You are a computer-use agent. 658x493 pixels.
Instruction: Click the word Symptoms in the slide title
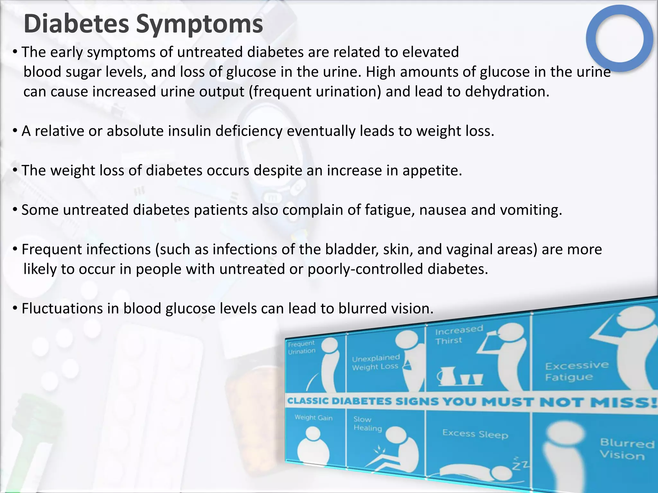pos(199,24)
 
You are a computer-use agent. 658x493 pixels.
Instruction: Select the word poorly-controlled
pos(365,269)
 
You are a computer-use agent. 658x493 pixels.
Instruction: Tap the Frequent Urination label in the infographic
pos(301,348)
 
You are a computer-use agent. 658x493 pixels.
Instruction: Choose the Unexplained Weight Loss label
pos(376,362)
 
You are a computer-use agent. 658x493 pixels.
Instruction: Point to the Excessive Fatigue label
pos(576,371)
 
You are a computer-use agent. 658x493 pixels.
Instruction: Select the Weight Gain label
pos(314,418)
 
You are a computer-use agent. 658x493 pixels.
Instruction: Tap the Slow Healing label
pos(367,424)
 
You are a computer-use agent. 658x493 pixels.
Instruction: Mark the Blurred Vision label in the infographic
pos(627,449)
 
